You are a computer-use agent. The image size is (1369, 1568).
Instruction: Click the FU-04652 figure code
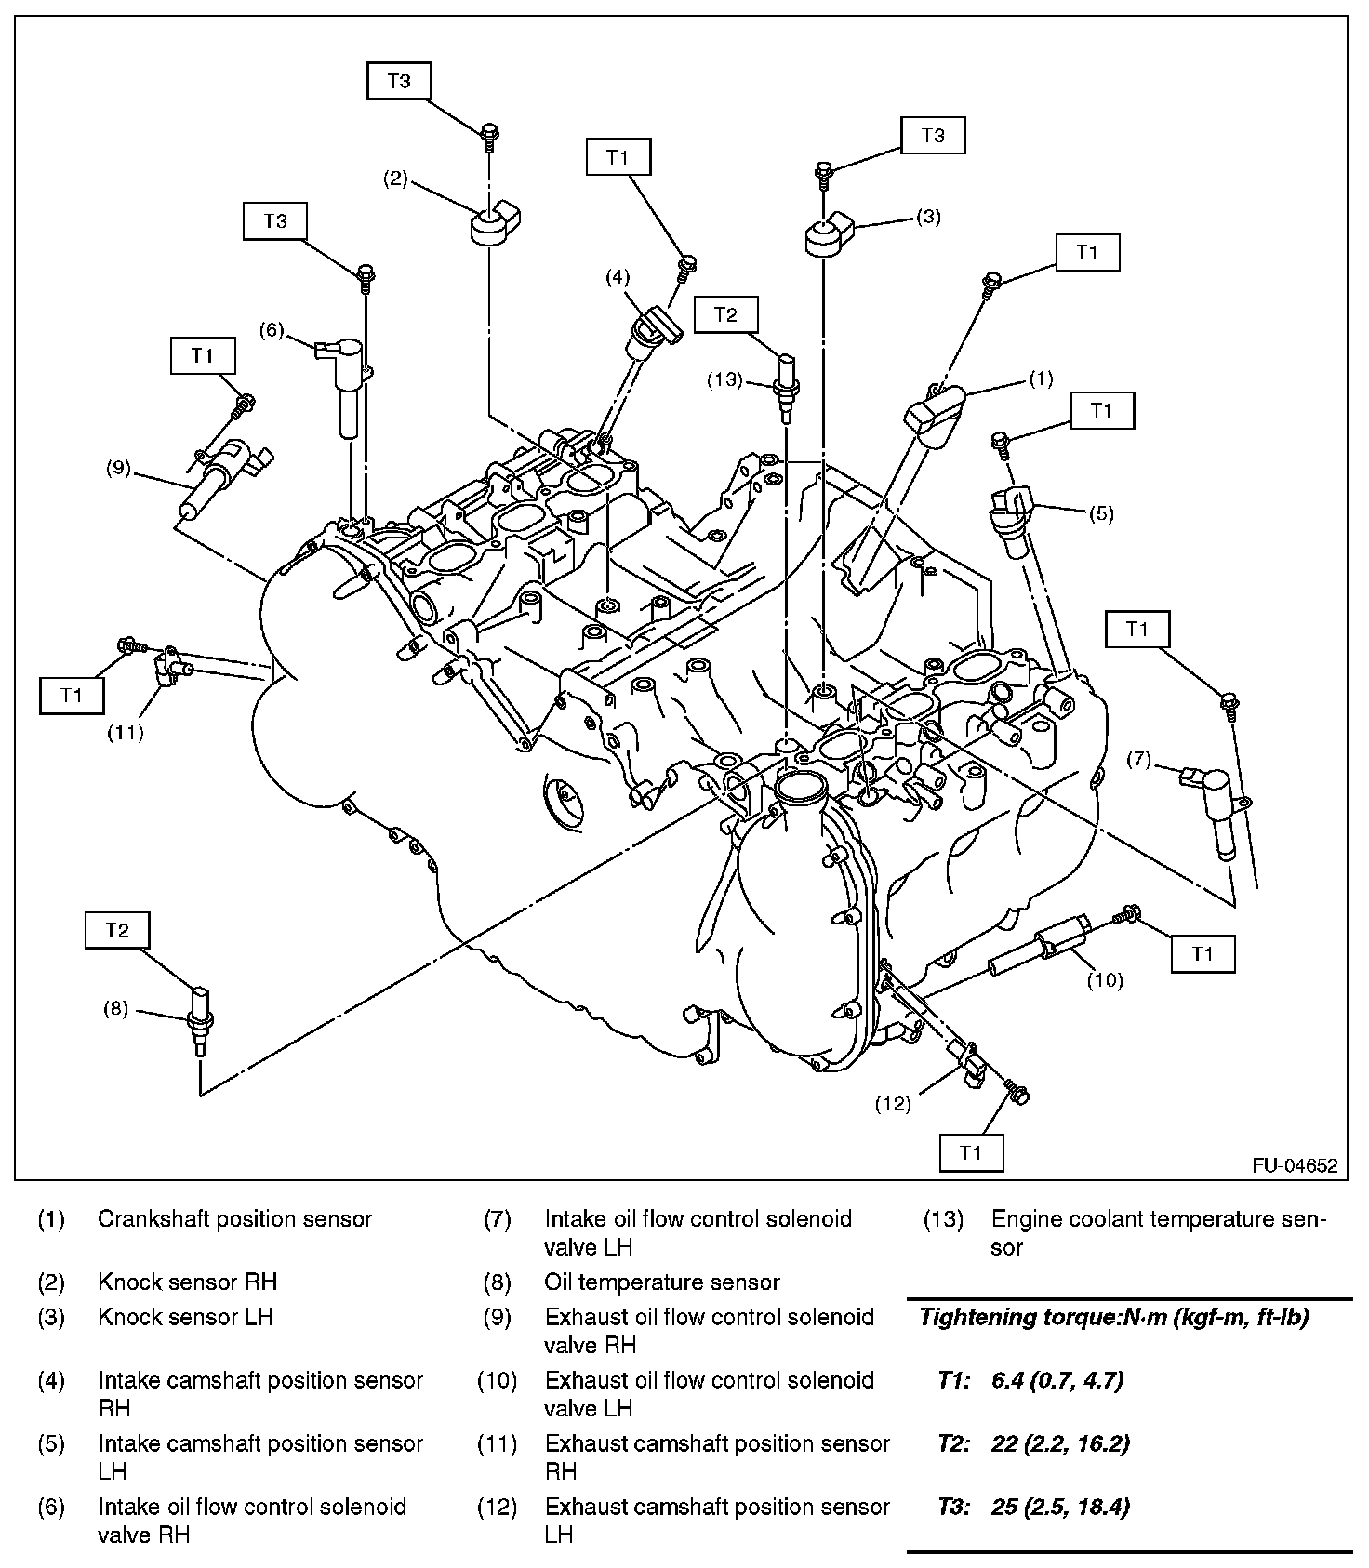point(1294,1165)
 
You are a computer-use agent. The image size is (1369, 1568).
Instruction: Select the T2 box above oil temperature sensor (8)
point(117,930)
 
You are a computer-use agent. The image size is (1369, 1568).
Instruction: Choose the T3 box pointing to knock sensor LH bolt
point(933,136)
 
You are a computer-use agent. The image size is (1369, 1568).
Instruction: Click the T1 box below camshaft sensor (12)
point(971,1152)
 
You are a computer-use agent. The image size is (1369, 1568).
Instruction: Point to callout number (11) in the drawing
point(125,733)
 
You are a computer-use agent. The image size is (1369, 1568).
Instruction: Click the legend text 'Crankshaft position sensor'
point(234,1219)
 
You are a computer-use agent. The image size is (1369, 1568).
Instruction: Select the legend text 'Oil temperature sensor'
point(661,1282)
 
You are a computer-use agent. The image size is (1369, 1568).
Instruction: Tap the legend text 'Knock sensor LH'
point(185,1317)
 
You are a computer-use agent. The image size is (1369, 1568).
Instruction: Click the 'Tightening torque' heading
point(1114,1317)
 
